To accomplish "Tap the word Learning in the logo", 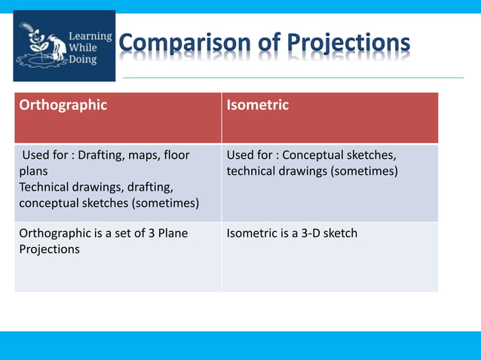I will (90, 35).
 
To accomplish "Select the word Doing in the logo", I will (84, 59).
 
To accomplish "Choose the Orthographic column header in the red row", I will (63, 105).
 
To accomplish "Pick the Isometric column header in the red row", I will (258, 105).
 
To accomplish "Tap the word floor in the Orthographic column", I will (176, 155).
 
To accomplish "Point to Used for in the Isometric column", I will (250, 155).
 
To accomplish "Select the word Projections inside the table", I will (49, 249).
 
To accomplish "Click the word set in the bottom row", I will (115, 233).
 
